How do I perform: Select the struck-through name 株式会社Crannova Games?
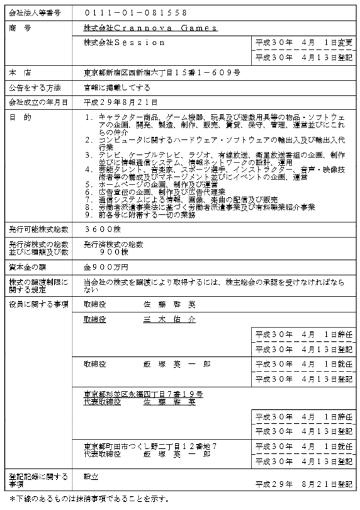150,28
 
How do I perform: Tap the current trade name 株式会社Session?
124,42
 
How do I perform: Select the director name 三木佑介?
169,319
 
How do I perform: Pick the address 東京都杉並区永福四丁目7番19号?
143,394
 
